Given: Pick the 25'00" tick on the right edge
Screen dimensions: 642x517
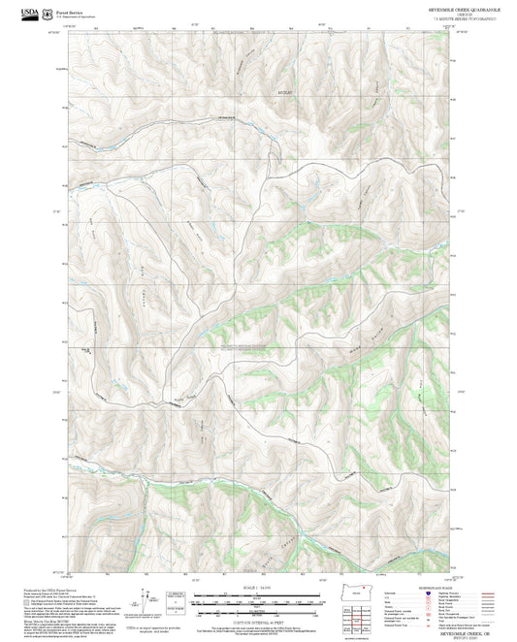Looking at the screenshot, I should pos(463,390).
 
